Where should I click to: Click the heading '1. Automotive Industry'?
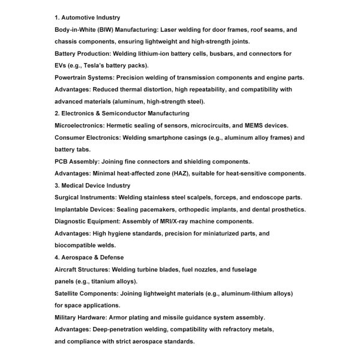(x=87, y=17)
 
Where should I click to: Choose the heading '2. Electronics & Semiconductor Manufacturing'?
(x=122, y=113)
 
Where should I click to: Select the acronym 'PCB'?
(x=62, y=161)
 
